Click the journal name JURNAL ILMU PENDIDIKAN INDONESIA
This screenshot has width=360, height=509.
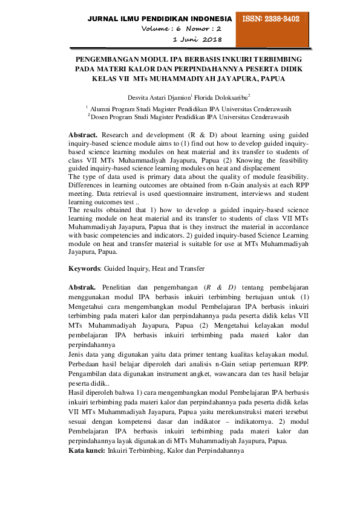[160, 19]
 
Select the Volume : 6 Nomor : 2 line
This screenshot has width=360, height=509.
[182, 29]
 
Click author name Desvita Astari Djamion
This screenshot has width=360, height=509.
[159, 97]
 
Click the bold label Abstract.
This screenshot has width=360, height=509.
[83, 134]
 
